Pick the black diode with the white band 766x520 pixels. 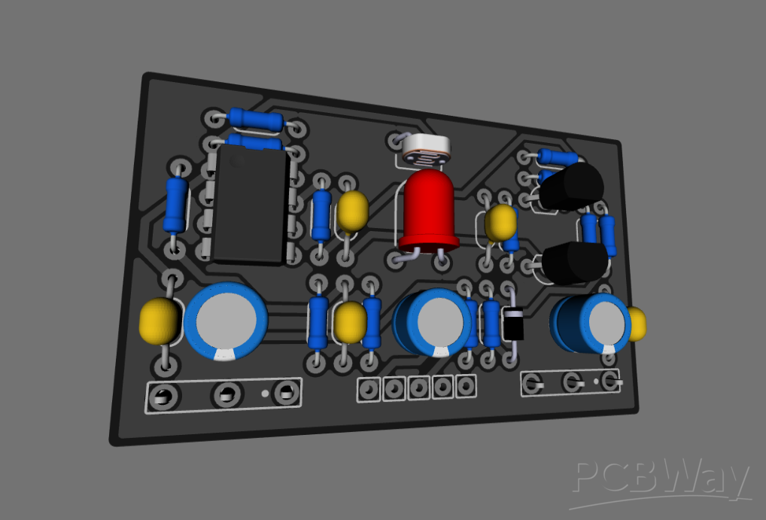coord(514,323)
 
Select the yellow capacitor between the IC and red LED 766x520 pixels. coord(351,211)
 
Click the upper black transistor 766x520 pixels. coord(571,187)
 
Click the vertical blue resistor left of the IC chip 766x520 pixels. coord(176,204)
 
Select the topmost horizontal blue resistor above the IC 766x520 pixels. coord(256,119)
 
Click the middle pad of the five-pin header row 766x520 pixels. coord(418,388)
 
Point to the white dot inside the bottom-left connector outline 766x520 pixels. coord(265,393)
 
